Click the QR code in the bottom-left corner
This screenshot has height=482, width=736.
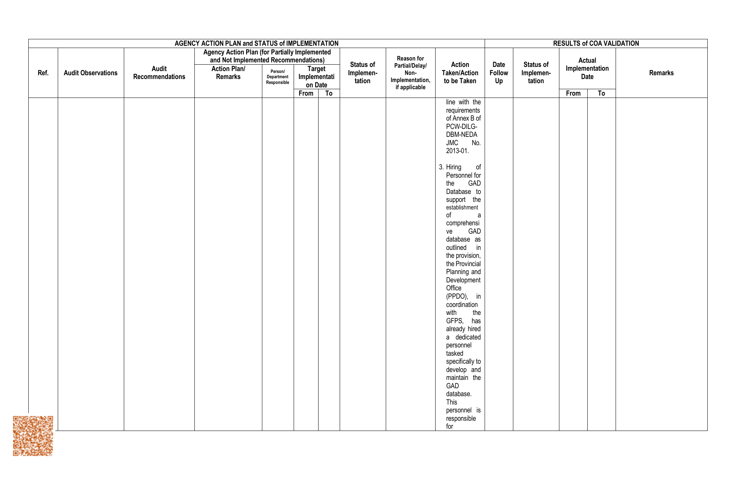coord(33,436)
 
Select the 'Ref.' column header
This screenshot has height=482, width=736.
coord(43,73)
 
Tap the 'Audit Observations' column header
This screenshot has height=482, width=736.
coord(91,73)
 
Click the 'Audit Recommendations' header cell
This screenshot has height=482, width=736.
coord(159,73)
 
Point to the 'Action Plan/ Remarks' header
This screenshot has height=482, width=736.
coord(228,73)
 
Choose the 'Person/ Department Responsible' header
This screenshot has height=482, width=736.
coord(277,77)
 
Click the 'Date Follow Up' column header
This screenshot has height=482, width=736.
coord(499,73)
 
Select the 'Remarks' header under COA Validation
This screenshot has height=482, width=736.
coord(661,73)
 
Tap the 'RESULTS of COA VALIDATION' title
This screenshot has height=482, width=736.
coord(596,43)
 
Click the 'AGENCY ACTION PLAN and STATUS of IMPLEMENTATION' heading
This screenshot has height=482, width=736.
coord(256,43)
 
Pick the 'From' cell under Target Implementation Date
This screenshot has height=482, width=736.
coord(306,93)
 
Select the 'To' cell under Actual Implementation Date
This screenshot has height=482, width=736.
coord(601,93)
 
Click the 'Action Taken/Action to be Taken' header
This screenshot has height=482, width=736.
coord(460,73)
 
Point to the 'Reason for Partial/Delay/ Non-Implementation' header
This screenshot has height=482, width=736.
coord(410,73)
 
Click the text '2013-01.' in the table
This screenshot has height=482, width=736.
coord(457,151)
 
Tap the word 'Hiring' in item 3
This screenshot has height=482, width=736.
coord(454,167)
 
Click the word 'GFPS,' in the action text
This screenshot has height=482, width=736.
coord(455,321)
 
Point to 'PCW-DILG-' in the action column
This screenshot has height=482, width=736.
coord(462,127)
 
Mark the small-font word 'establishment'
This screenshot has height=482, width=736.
coord(462,208)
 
